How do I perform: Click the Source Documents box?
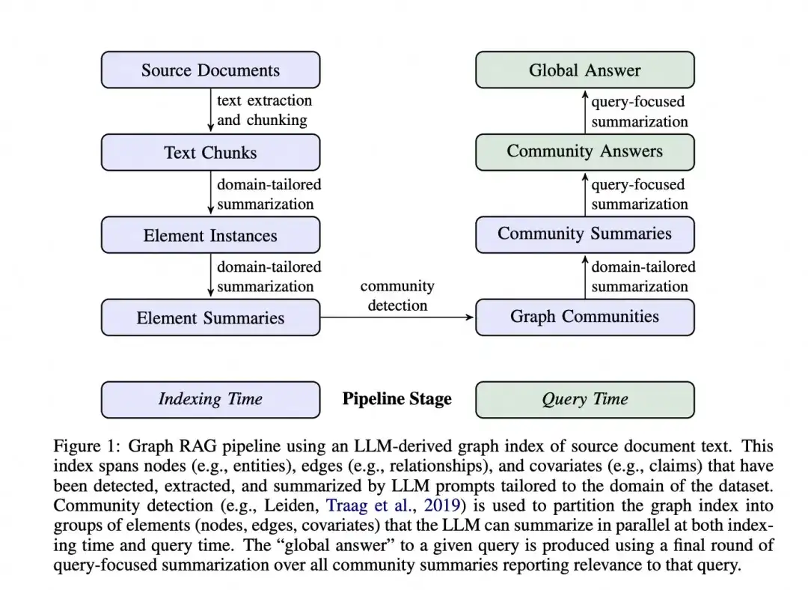click(210, 70)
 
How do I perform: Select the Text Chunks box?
click(210, 153)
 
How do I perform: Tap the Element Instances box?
click(210, 235)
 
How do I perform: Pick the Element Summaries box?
click(210, 317)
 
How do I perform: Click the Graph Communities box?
click(584, 317)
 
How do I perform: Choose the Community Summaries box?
click(584, 234)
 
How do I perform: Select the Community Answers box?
click(584, 152)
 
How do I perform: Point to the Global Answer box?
click(584, 70)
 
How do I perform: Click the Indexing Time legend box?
click(210, 399)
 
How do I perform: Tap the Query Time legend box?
click(584, 399)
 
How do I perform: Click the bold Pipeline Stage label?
click(397, 399)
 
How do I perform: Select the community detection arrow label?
click(397, 296)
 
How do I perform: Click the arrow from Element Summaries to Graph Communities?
click(397, 317)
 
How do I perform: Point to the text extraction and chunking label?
click(264, 110)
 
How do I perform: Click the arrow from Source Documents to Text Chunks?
click(211, 111)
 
